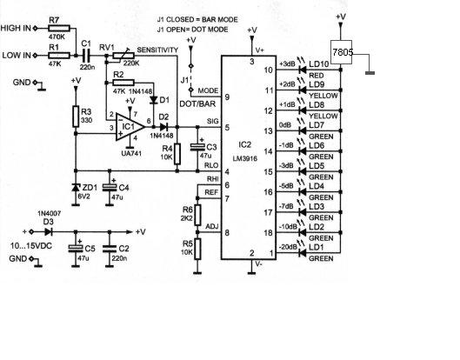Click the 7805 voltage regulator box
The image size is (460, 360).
341,52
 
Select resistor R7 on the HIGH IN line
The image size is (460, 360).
59,28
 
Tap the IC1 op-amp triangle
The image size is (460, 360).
130,127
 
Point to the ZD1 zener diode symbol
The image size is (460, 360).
76,187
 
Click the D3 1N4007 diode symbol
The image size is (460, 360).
49,232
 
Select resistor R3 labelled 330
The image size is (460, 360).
76,117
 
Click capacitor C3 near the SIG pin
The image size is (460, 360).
197,147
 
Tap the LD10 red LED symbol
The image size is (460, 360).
302,70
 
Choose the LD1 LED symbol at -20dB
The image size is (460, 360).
302,253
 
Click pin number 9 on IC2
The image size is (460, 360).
227,97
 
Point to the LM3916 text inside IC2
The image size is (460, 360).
245,159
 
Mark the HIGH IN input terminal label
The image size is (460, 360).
16,28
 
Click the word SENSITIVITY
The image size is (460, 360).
157,50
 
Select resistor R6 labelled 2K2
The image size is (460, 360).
197,216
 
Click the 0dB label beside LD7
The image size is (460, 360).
285,125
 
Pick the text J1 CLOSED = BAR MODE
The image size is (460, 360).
197,20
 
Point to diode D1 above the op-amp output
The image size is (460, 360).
153,100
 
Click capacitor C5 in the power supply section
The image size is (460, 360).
76,248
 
